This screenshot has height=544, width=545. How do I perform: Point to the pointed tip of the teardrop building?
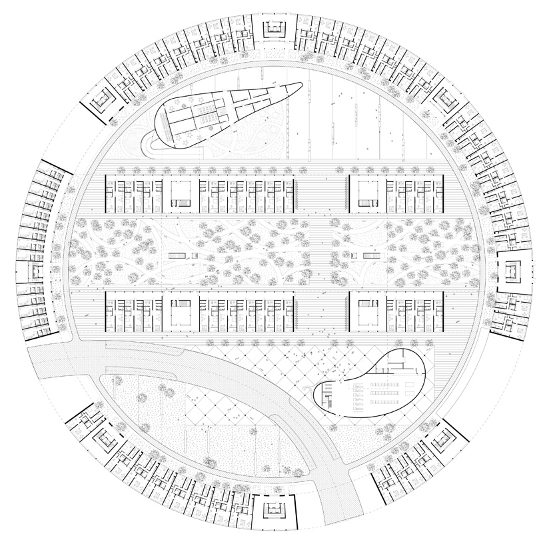[x=305, y=85]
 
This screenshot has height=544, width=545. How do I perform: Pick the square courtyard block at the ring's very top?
[x=273, y=29]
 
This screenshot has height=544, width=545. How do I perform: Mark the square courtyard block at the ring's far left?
[x=32, y=272]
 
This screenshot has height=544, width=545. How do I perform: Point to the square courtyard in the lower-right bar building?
[x=366, y=311]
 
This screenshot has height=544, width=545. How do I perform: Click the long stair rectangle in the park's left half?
[x=177, y=255]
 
